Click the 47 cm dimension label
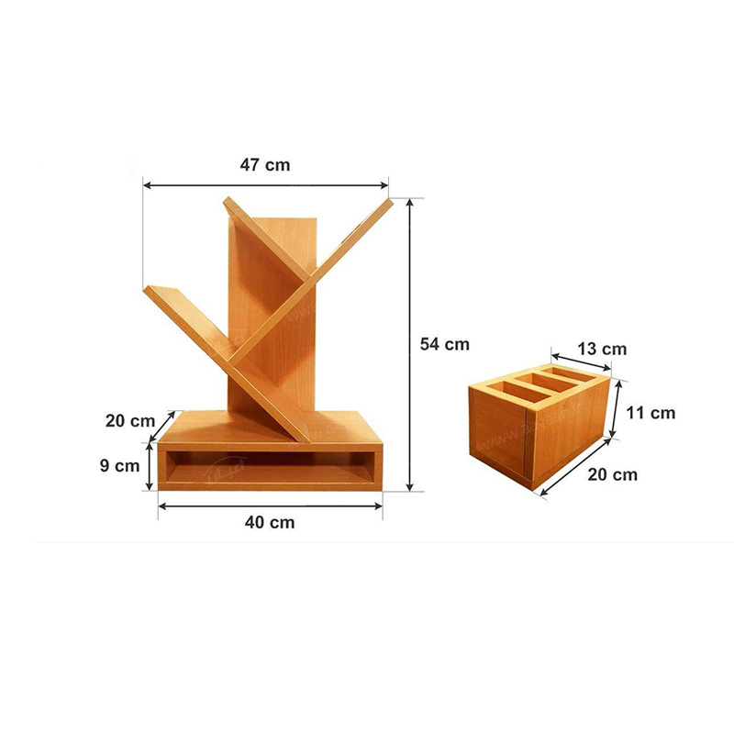(265, 165)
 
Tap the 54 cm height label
(444, 344)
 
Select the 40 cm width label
(270, 522)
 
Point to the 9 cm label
(119, 466)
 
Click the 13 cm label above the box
(602, 349)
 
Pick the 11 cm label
(651, 413)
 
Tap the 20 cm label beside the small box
(612, 474)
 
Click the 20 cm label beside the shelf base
(129, 421)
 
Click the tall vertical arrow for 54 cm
(410, 345)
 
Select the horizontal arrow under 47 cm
(265, 185)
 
